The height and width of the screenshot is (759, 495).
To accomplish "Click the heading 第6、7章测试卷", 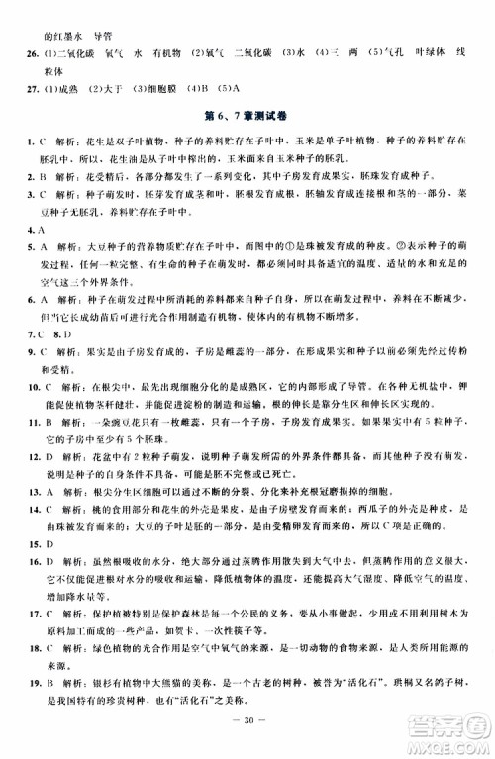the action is click(248, 123).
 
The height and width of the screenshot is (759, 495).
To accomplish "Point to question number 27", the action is click(29, 94).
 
